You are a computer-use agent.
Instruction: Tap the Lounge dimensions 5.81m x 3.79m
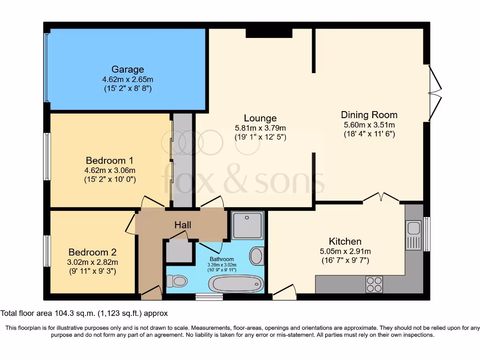pyautogui.click(x=260, y=128)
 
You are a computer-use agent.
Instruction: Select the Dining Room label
pyautogui.click(x=369, y=115)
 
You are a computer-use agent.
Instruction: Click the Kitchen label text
pyautogui.click(x=345, y=241)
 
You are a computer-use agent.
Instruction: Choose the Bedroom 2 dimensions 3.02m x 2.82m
pyautogui.click(x=93, y=262)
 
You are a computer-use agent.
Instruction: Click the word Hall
pyautogui.click(x=182, y=225)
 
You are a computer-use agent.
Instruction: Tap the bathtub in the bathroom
pyautogui.click(x=235, y=284)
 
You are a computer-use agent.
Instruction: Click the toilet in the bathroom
pyautogui.click(x=177, y=281)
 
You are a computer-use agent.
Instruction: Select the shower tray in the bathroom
pyautogui.click(x=247, y=225)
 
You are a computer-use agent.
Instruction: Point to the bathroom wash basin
pyautogui.click(x=256, y=256)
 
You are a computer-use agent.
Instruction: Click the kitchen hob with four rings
pyautogui.click(x=374, y=284)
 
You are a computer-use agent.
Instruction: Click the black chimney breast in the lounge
pyautogui.click(x=269, y=33)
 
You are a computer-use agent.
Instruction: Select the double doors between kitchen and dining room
pyautogui.click(x=381, y=198)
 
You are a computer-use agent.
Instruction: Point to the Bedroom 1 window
pyautogui.click(x=47, y=157)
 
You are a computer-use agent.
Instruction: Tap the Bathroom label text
pyautogui.click(x=221, y=259)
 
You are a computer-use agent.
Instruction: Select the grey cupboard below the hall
pyautogui.click(x=179, y=251)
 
